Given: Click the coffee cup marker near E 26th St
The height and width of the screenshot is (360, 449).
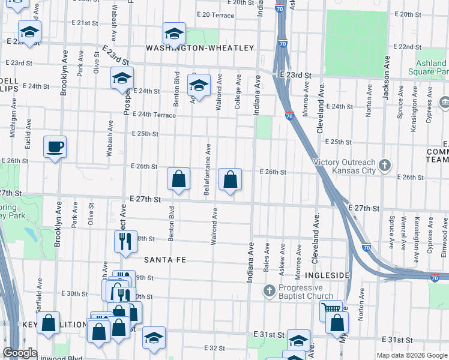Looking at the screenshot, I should [55, 147].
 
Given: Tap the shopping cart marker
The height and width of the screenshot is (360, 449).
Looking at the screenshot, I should [330, 311].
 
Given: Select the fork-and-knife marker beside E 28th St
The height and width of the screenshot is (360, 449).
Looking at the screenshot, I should [125, 241].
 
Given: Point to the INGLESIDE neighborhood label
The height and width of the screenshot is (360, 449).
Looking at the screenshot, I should [328, 275].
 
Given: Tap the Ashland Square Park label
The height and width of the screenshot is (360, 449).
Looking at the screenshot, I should [432, 67].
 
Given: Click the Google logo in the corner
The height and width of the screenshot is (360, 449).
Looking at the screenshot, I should [20, 353].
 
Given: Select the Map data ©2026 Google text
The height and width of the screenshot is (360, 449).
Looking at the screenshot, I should [412, 355].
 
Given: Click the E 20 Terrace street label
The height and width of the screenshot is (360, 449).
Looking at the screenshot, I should [215, 14].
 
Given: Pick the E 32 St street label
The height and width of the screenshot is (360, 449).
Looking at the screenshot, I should [214, 347].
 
